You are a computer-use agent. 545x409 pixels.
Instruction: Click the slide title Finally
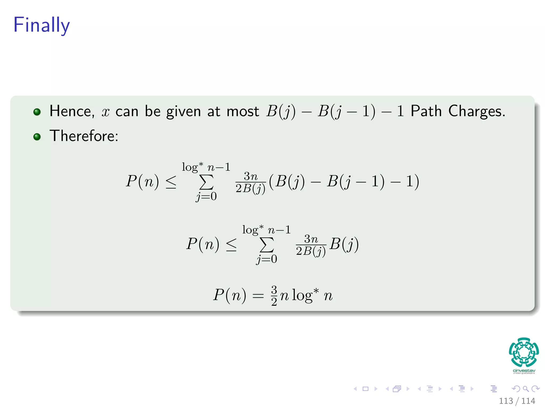[x=42, y=25]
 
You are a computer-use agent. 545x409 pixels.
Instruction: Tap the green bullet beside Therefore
[x=37, y=137]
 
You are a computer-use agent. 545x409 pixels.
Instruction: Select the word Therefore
[x=84, y=136]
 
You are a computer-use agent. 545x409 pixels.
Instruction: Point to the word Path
[x=426, y=111]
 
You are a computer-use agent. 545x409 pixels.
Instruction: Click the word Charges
[x=476, y=111]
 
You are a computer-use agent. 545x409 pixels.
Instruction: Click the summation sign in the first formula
[x=206, y=182]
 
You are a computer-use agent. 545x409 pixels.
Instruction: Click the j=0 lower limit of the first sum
[x=206, y=197]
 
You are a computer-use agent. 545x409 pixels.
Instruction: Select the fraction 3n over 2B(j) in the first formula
[x=250, y=183]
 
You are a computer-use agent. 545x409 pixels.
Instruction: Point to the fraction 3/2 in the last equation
[x=274, y=295]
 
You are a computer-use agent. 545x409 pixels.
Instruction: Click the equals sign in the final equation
[x=258, y=296]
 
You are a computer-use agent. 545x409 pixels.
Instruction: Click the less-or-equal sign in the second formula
[x=231, y=244]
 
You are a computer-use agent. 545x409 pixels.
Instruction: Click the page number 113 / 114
[x=517, y=401]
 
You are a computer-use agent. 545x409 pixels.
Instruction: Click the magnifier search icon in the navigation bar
[x=526, y=389]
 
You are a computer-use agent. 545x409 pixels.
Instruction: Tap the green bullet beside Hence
[x=37, y=112]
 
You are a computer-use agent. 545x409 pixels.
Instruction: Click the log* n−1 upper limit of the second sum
[x=266, y=230]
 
